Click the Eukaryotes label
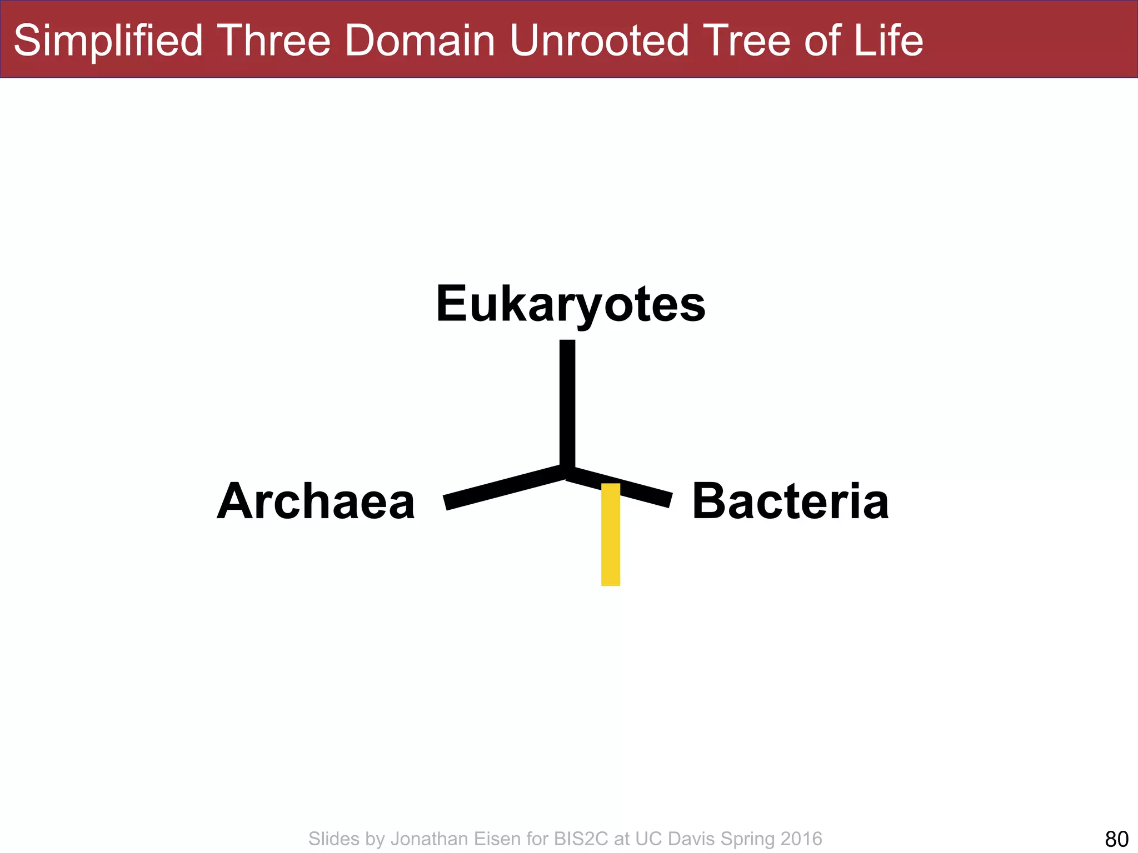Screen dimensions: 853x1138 click(571, 304)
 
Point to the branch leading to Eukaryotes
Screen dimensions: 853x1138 click(567, 403)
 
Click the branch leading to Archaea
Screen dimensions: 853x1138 click(503, 487)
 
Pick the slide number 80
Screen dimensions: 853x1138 click(1117, 839)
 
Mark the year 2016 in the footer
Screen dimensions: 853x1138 click(801, 839)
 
